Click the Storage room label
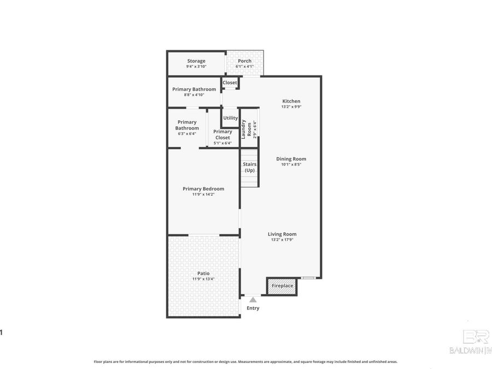[196, 61]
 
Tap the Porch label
[244, 61]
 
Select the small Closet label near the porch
[230, 83]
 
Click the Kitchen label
[291, 101]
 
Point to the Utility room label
[230, 118]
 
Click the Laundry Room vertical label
[249, 128]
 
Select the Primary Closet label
[222, 134]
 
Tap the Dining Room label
[291, 159]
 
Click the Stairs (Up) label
[249, 167]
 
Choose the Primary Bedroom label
[203, 189]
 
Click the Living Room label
[282, 234]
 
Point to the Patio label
[203, 273]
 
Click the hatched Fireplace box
[282, 286]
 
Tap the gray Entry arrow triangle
[253, 300]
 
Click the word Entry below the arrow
[253, 308]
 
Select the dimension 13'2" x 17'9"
[283, 240]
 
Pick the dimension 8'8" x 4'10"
[194, 95]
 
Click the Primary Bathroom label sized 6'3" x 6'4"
[187, 125]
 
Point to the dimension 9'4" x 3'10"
[196, 67]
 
